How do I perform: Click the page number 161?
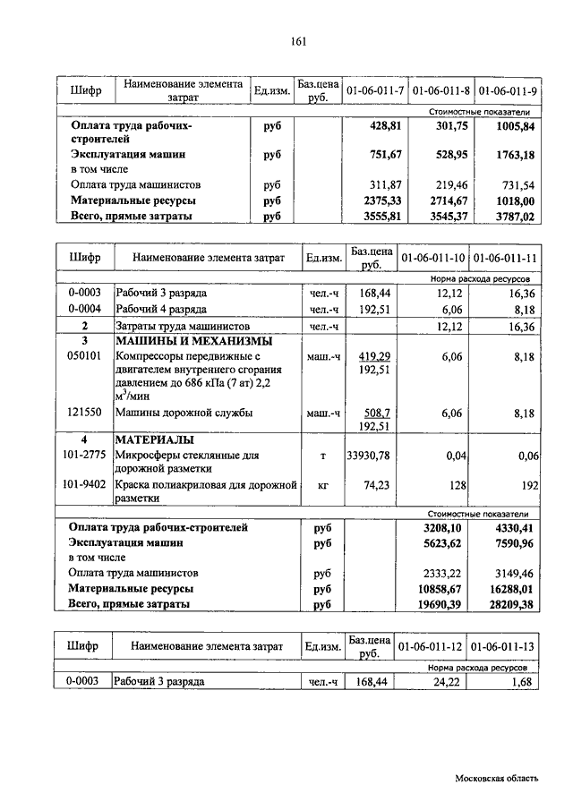click(299, 42)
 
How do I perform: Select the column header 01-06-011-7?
click(374, 90)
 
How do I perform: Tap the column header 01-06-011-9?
click(508, 90)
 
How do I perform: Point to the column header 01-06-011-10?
click(433, 258)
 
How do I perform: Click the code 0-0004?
click(84, 309)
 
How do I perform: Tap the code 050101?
click(84, 355)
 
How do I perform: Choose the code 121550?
click(84, 413)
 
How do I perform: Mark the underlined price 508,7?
click(380, 413)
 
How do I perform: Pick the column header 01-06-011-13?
click(504, 645)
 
